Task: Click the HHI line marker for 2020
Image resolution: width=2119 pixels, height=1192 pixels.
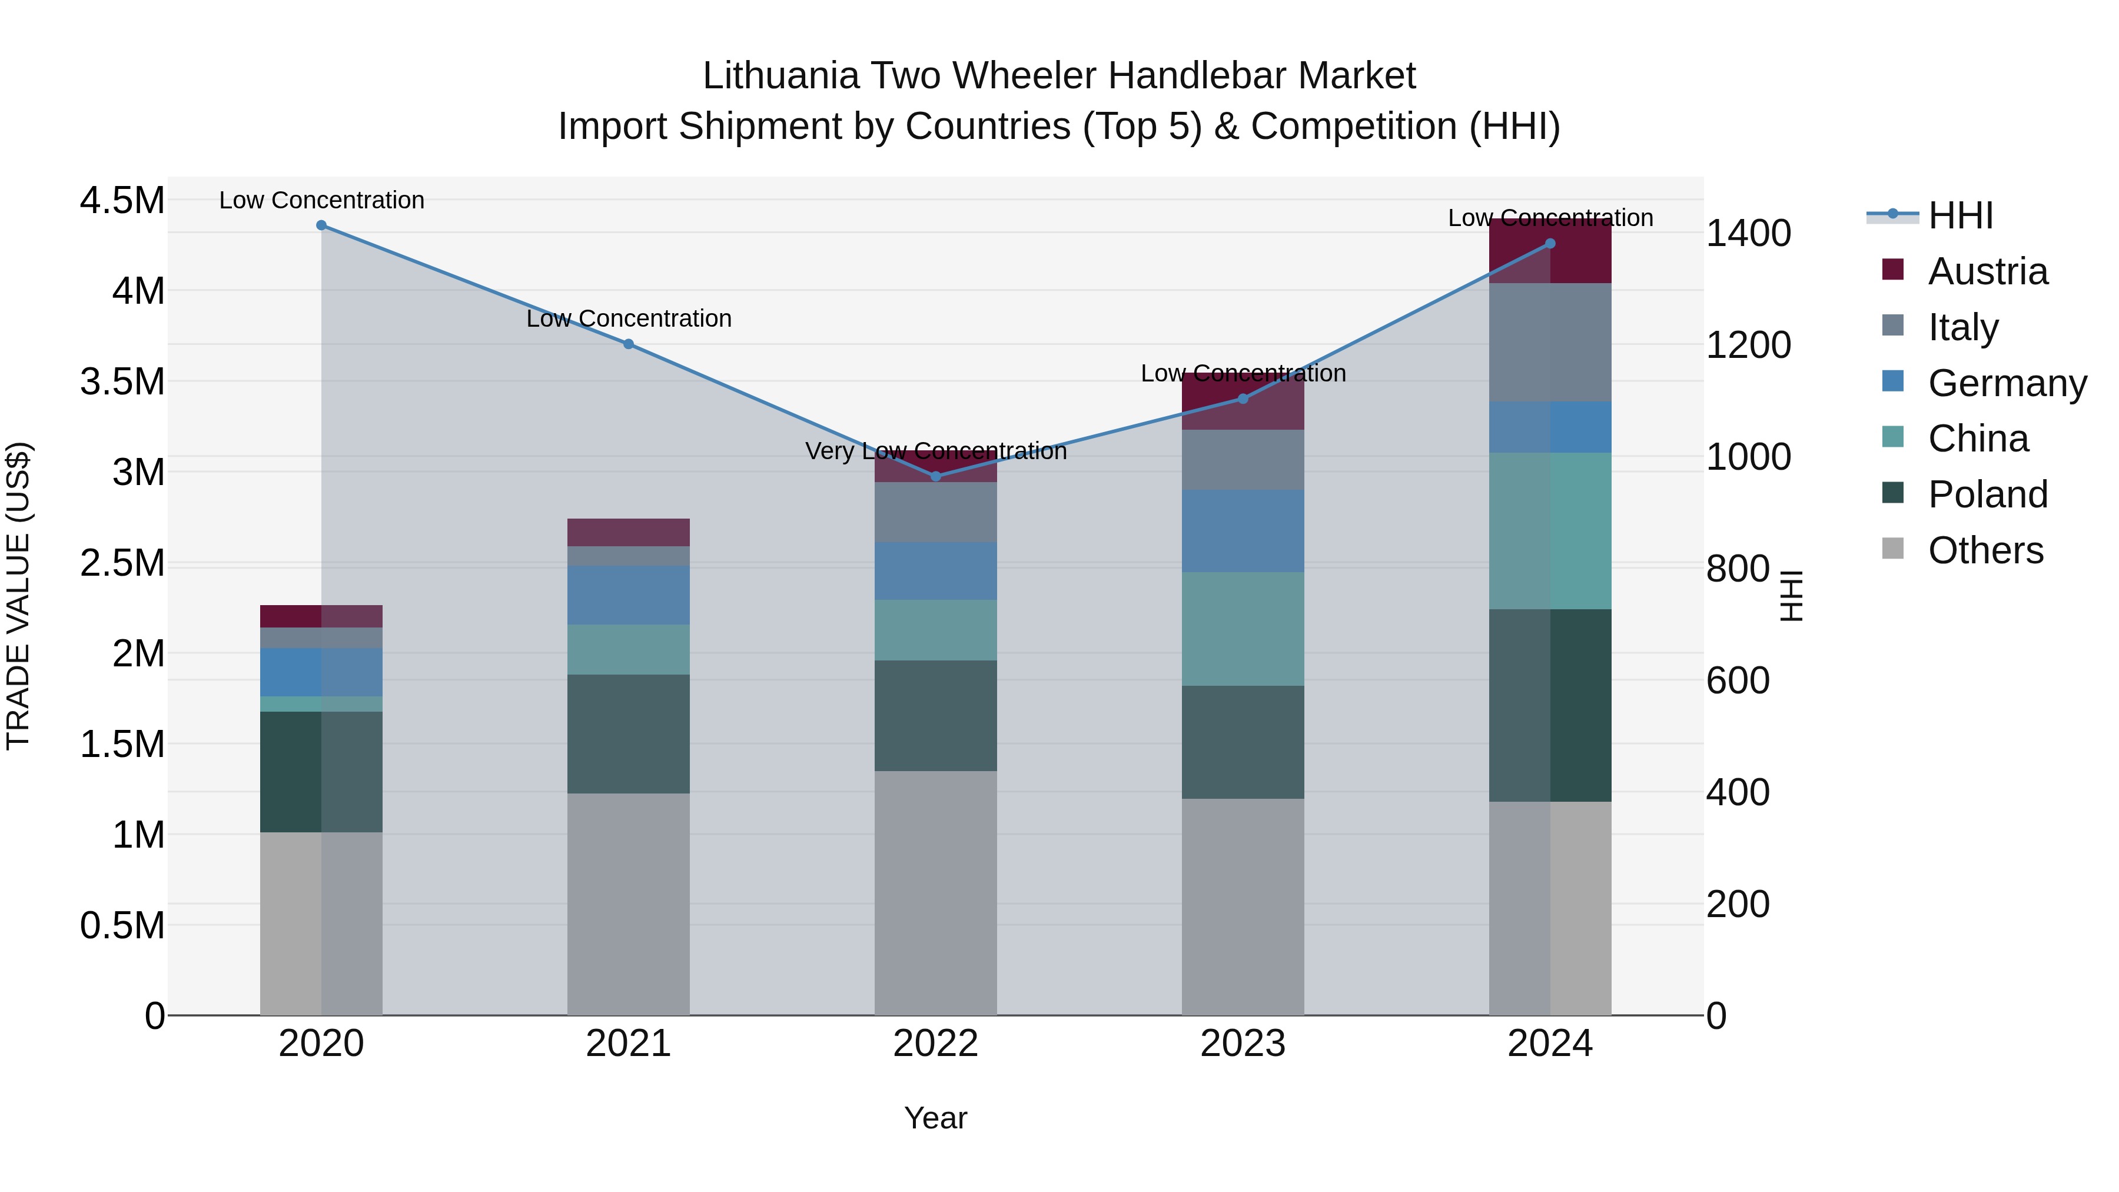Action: [321, 225]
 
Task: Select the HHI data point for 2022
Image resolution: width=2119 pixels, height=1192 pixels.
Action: [935, 476]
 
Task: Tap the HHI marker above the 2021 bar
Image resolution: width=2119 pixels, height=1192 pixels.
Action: [629, 344]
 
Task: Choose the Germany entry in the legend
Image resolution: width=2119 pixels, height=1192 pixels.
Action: [2007, 383]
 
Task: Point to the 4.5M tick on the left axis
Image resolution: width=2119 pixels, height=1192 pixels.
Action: [122, 201]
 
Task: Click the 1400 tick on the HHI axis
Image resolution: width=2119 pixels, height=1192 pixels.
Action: [1748, 234]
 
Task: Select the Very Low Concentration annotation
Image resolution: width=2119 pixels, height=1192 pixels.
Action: [935, 451]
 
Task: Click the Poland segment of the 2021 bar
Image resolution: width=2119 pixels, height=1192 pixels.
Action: [629, 734]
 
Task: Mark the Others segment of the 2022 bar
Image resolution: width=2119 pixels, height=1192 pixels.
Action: [935, 892]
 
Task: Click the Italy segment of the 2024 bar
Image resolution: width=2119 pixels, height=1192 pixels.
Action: [1550, 342]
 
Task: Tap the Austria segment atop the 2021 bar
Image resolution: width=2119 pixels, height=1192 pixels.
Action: [629, 532]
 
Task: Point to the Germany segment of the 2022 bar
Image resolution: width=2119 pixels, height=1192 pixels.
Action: [935, 571]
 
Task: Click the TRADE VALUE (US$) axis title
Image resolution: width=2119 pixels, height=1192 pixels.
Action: [19, 596]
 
